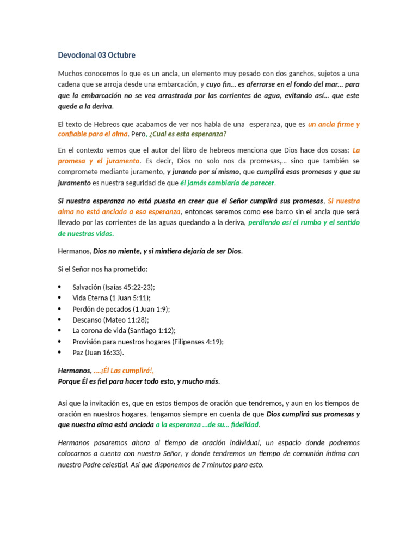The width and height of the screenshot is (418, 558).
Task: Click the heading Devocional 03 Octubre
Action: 96,55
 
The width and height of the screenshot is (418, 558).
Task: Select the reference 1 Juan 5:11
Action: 130,298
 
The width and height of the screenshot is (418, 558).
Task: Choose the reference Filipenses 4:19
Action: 197,342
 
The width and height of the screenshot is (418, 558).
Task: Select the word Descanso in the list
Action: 87,320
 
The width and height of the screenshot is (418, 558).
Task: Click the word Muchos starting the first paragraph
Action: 70,74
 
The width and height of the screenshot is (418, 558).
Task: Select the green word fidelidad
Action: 244,424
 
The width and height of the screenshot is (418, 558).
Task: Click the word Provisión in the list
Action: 87,342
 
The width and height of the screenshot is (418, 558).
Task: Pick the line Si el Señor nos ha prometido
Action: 102,269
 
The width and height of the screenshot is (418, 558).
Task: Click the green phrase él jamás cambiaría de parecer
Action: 227,183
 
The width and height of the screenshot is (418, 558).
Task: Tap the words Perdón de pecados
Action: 101,308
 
